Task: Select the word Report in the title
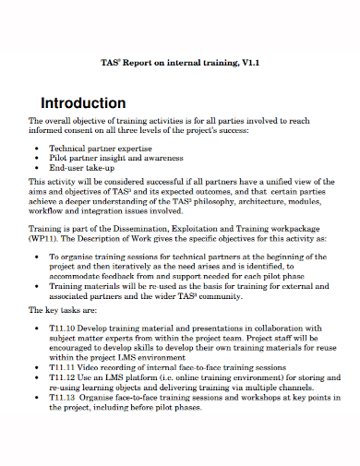coord(150,64)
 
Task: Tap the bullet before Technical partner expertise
coord(35,148)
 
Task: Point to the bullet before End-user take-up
coord(35,169)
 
